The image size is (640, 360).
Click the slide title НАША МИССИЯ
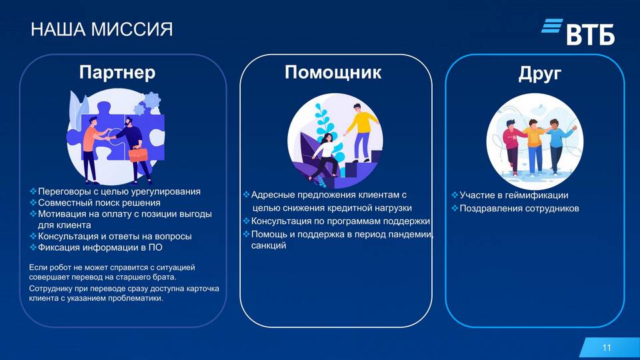coord(101,29)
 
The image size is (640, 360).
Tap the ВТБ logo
coord(578,31)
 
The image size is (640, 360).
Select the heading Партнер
coord(117,72)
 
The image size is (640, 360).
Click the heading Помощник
coord(333,73)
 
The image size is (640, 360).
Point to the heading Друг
coord(539,74)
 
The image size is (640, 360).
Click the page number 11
coord(607,347)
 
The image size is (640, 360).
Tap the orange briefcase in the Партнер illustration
coord(138,154)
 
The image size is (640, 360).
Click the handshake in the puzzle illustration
coord(108,137)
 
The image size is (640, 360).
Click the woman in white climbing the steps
coord(327,156)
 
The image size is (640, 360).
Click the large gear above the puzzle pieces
coord(152,101)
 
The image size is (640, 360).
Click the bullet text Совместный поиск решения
coord(99,203)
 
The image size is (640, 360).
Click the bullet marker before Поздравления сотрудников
coord(454,208)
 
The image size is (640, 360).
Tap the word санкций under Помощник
coord(269,246)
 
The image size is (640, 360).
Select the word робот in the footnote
coord(61,268)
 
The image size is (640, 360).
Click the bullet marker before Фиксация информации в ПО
coord(33,247)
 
